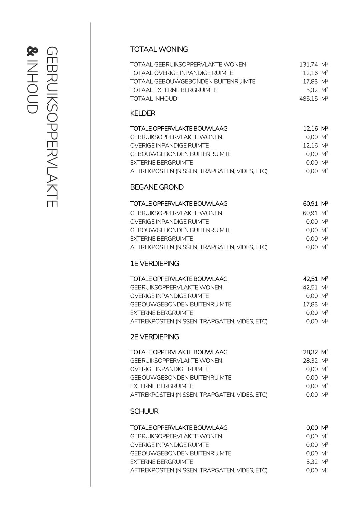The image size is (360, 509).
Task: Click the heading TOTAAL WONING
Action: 159,49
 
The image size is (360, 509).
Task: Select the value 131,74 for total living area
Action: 308,65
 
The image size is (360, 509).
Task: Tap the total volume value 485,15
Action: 308,99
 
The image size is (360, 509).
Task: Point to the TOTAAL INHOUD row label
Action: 153,99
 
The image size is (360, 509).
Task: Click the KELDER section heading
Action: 143,113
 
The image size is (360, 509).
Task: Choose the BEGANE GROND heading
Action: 157,187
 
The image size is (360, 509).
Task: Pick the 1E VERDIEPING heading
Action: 154,264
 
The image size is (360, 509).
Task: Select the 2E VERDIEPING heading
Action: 154,337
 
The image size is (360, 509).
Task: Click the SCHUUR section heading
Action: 144,411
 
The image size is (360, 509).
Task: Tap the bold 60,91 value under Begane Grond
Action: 310,204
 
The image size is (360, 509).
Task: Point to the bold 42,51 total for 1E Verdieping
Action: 310,279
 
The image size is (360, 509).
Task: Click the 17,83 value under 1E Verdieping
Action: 310,304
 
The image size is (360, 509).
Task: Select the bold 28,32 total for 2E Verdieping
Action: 310,352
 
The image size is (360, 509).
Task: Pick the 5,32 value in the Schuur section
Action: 312,462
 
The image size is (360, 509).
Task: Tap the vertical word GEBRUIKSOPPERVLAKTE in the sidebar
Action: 52,127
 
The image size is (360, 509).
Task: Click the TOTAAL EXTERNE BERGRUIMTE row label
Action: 173,90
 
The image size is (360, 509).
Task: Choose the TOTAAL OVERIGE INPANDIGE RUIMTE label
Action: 181,73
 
